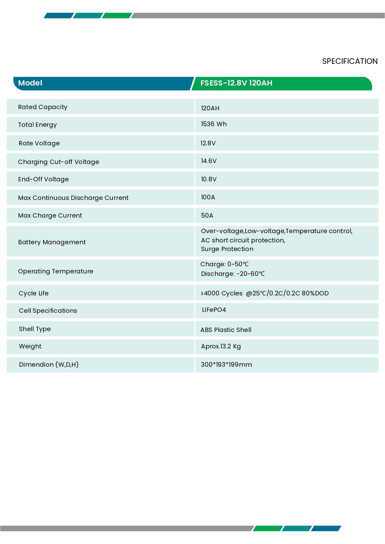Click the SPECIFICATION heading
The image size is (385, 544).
350,61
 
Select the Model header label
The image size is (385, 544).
30,83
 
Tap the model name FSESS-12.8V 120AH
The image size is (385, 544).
236,83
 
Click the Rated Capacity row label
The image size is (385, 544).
43,107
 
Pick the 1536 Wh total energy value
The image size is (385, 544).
214,124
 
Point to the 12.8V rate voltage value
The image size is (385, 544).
208,143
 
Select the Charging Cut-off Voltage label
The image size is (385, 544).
58,162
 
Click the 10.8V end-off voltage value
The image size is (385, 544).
208,179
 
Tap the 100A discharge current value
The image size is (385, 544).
208,197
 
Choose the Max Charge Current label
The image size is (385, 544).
50,215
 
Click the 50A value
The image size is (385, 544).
207,215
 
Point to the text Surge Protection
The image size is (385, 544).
227,249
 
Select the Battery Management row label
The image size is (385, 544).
52,242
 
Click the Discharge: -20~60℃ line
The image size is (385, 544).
233,274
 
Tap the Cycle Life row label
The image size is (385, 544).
34,293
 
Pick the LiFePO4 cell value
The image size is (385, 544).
214,310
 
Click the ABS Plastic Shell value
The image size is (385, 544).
226,330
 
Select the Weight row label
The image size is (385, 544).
30,346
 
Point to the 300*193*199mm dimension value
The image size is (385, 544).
226,365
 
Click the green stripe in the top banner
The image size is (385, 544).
117,15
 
